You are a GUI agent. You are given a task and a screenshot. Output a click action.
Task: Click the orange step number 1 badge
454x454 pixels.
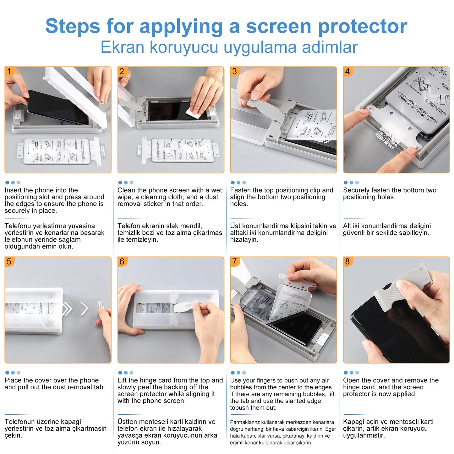point(9,71)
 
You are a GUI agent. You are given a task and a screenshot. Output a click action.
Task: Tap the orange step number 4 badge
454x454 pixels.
point(347,71)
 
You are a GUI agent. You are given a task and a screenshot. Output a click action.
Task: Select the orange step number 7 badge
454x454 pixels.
point(235,261)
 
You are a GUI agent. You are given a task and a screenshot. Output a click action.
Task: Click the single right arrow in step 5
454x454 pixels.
point(84,309)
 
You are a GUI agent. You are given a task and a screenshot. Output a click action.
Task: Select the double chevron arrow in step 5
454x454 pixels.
point(67,309)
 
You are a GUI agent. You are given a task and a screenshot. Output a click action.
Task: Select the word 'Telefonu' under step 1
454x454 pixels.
point(18,226)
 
